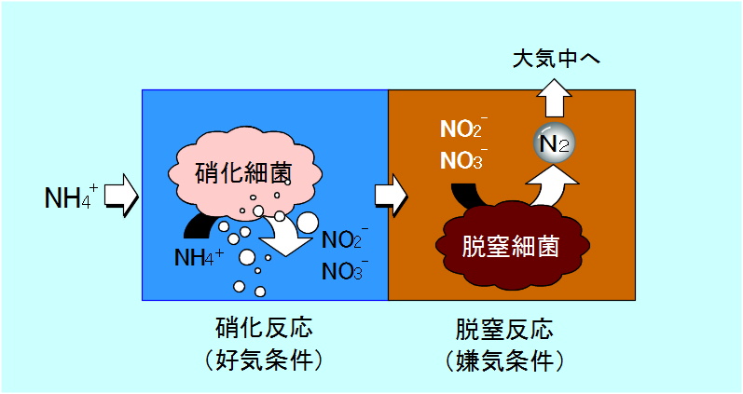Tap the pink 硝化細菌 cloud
(x=241, y=173)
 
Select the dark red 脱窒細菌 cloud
(x=510, y=245)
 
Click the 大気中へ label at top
(x=557, y=60)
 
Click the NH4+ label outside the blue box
(x=71, y=197)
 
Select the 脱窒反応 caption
(x=511, y=331)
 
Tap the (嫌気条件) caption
(x=511, y=360)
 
